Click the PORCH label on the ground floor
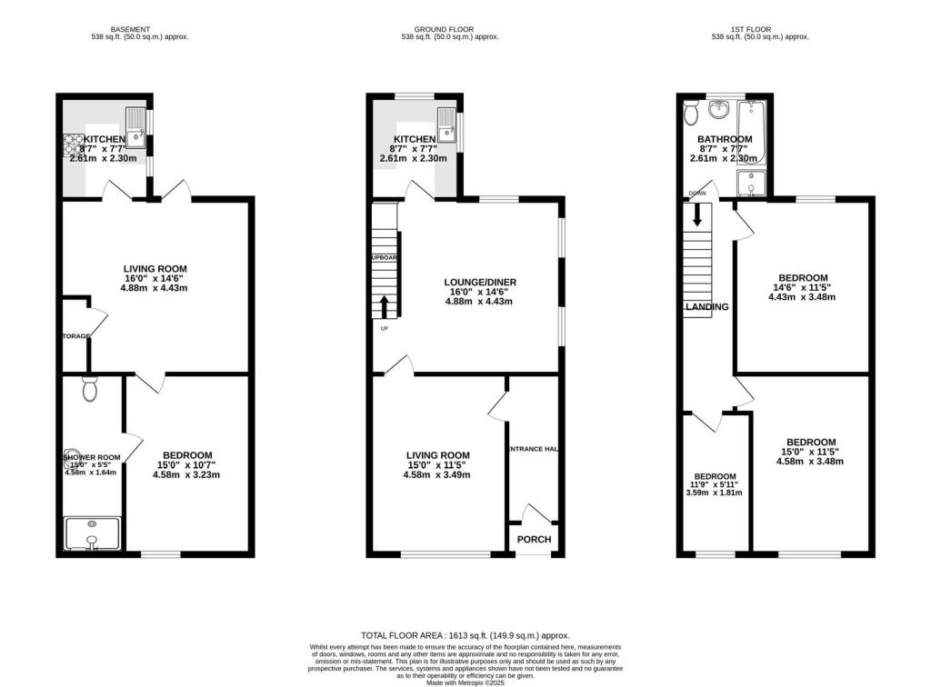[534, 539]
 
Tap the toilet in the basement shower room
[89, 390]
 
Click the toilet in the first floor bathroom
[691, 113]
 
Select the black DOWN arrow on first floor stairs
[698, 214]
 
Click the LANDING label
[706, 307]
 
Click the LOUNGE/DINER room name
[481, 283]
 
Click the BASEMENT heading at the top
[109, 29]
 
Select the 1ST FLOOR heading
[760, 29]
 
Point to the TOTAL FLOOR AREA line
[465, 636]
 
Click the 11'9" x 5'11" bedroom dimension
[715, 485]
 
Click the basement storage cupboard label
[76, 336]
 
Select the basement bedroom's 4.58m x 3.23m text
[186, 474]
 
